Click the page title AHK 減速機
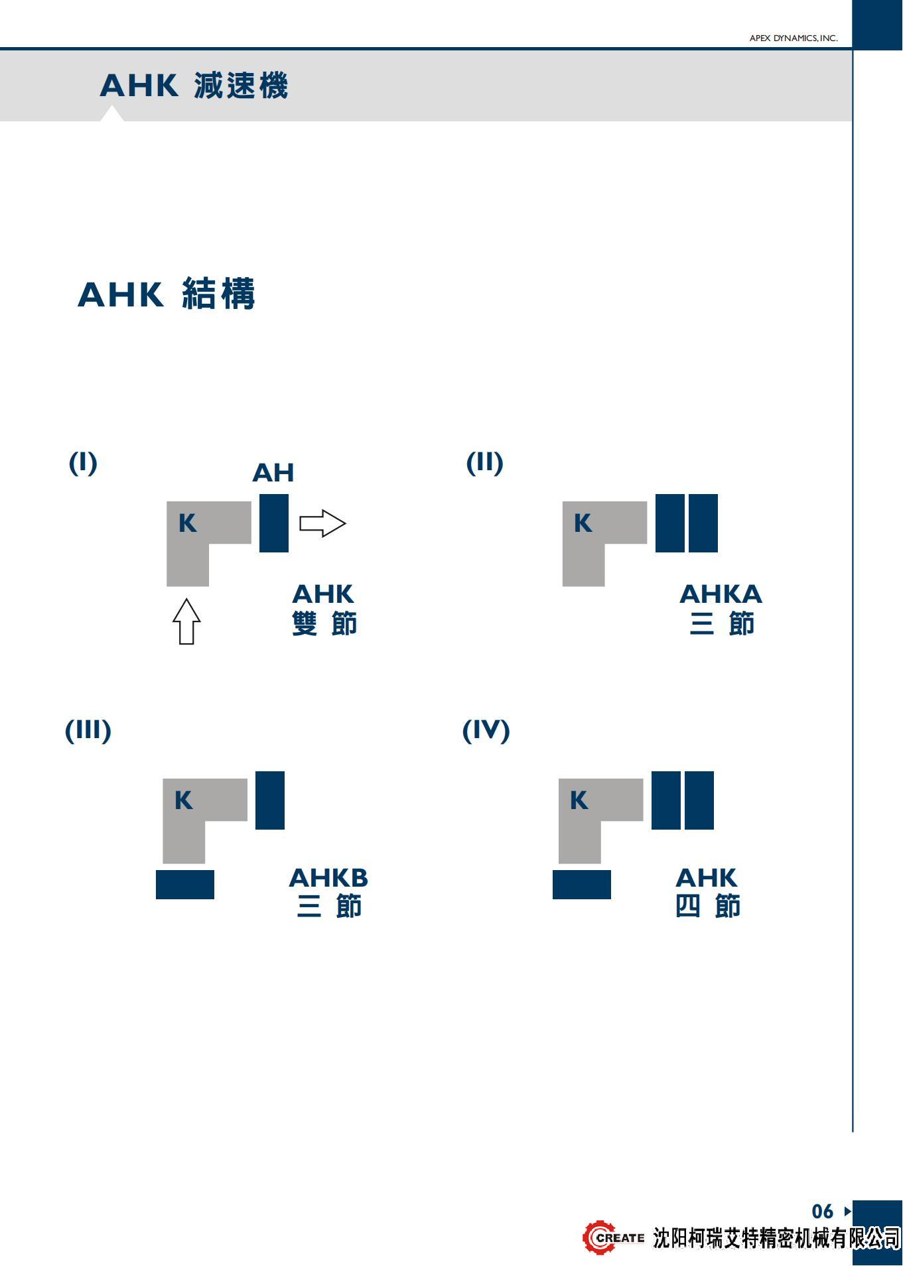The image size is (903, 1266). [x=194, y=86]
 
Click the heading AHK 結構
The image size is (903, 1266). [x=167, y=294]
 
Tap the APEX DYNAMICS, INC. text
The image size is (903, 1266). [x=793, y=38]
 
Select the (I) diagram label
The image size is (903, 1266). [x=83, y=463]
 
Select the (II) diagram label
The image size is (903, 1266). [x=484, y=463]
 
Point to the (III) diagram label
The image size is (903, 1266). [x=88, y=731]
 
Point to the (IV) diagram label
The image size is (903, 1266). [x=486, y=731]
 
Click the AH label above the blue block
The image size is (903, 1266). [x=273, y=474]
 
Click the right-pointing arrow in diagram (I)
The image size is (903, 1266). [x=322, y=523]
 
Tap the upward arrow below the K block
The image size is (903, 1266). [x=186, y=621]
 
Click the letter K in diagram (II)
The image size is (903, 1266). [x=583, y=523]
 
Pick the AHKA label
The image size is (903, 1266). [x=721, y=594]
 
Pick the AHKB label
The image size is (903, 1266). [x=328, y=878]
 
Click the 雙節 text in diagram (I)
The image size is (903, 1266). [x=324, y=624]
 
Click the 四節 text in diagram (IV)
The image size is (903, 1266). [x=707, y=907]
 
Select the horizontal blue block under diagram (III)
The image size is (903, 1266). [x=185, y=885]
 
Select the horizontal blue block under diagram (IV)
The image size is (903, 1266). [x=582, y=885]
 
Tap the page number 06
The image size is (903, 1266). [x=822, y=1212]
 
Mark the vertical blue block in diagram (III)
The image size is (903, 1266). [x=270, y=800]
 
